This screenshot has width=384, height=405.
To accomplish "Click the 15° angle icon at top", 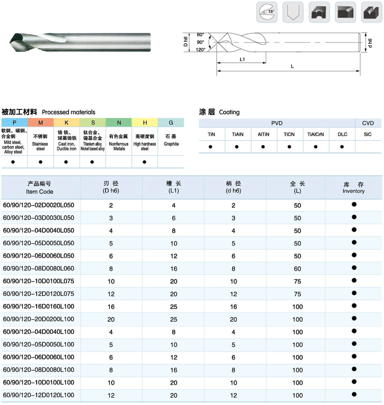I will pyautogui.click(x=267, y=12).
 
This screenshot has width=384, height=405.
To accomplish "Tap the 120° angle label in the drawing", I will pyautogui.click(x=200, y=50).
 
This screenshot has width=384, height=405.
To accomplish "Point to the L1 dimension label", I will pyautogui.click(x=242, y=59).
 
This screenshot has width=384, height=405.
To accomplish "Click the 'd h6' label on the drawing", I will pyautogui.click(x=370, y=43).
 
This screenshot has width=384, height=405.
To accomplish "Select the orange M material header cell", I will pyautogui.click(x=40, y=123).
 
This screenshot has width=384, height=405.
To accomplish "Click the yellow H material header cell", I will pyautogui.click(x=145, y=123).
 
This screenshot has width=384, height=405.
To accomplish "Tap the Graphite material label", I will pyautogui.click(x=171, y=144).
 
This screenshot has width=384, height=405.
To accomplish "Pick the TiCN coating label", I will pyautogui.click(x=289, y=134).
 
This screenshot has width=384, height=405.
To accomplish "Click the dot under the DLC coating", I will pyautogui.click(x=342, y=147).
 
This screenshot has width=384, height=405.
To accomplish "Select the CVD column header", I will pyautogui.click(x=368, y=123).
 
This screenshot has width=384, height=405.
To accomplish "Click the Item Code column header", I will pyautogui.click(x=39, y=188).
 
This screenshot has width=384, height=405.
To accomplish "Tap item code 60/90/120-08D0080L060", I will pyautogui.click(x=39, y=268).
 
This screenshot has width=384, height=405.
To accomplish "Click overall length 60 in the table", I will pyautogui.click(x=297, y=269).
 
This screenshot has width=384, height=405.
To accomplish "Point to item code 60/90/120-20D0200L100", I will pyautogui.click(x=39, y=319).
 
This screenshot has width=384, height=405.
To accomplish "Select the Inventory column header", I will pyautogui.click(x=353, y=188).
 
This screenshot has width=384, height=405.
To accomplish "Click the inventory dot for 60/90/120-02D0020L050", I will pyautogui.click(x=354, y=204).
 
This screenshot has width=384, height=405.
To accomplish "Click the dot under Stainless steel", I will pyautogui.click(x=40, y=162).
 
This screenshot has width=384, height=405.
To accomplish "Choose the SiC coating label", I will pyautogui.click(x=368, y=134).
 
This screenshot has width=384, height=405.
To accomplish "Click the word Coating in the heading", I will pyautogui.click(x=229, y=112).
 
